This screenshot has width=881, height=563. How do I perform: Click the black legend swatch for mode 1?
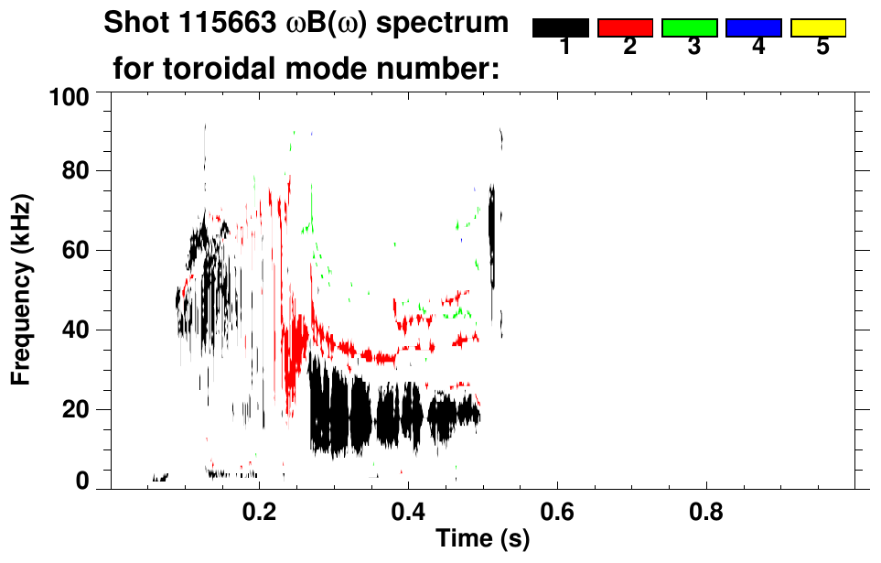(x=560, y=27)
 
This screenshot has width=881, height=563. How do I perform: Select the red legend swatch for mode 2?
(x=625, y=27)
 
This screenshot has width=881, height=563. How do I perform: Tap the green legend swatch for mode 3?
(x=689, y=27)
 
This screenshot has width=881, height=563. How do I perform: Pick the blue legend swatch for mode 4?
(x=753, y=27)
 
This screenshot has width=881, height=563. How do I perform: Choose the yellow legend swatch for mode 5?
(x=818, y=27)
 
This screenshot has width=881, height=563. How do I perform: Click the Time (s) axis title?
(x=482, y=540)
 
